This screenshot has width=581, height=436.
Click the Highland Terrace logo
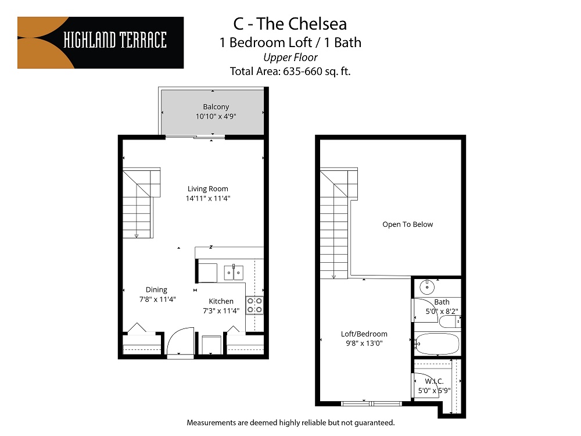click(x=101, y=43)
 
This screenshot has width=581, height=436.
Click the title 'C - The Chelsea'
click(x=290, y=24)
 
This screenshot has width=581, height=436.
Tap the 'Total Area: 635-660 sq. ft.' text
click(x=290, y=72)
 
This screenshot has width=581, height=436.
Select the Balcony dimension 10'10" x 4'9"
click(x=216, y=116)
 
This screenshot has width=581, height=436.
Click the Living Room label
click(x=207, y=188)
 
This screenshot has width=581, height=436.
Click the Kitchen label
click(x=221, y=301)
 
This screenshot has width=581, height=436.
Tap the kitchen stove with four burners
click(x=254, y=305)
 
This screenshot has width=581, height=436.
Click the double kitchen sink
click(x=234, y=271)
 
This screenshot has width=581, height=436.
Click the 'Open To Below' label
click(x=407, y=224)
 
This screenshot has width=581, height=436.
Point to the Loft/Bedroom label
click(x=364, y=334)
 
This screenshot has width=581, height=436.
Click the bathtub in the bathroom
click(x=436, y=344)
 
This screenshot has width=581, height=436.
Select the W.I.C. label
click(x=434, y=381)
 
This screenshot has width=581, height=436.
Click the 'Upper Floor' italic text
click(x=290, y=57)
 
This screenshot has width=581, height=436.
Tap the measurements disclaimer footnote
click(x=290, y=422)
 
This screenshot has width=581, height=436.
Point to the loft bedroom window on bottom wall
click(x=371, y=403)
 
